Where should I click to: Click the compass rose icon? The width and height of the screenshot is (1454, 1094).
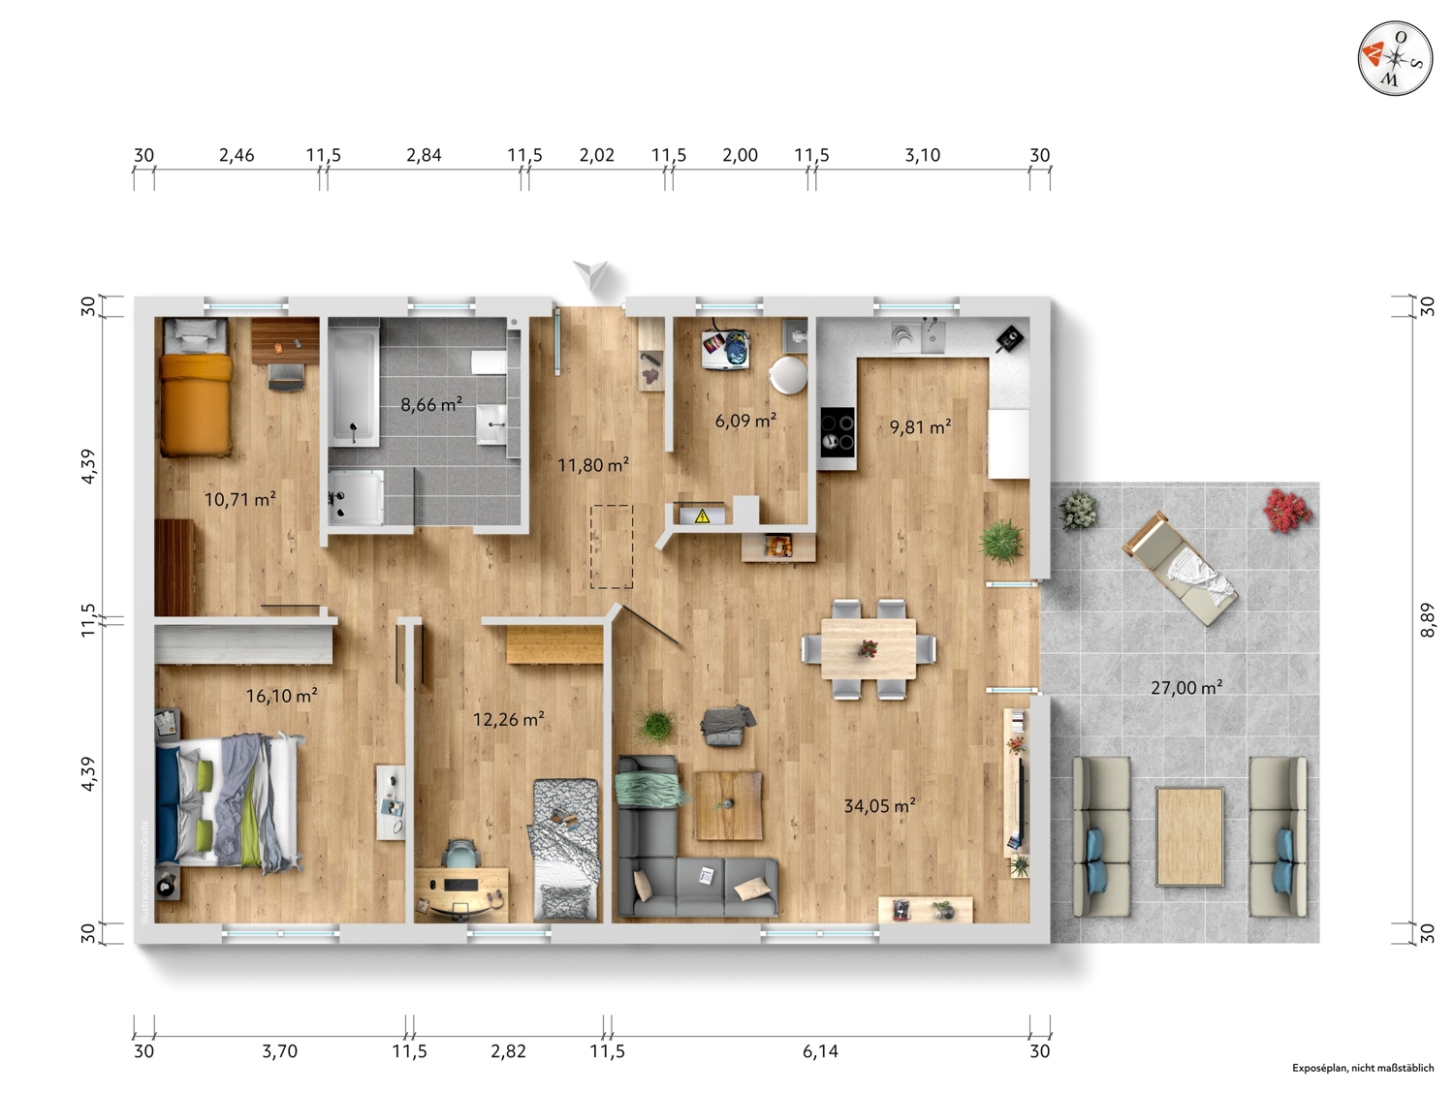(1395, 57)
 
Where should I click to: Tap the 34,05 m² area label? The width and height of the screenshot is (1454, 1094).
(879, 805)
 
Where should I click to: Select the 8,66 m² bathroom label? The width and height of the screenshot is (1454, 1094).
(431, 403)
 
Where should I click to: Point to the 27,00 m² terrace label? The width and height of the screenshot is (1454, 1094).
(1186, 687)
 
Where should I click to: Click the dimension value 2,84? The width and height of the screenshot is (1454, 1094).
(424, 155)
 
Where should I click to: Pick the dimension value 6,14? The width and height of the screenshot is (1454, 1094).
(820, 1051)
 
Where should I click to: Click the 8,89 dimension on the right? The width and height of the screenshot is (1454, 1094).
(1428, 620)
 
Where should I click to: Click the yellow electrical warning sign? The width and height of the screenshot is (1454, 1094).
(702, 516)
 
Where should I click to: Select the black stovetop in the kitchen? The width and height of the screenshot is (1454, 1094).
(838, 432)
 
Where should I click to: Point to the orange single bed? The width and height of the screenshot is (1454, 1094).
(196, 387)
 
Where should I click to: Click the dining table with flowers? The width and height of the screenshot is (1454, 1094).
(869, 649)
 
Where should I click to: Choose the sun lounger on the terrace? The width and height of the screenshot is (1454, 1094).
(1180, 568)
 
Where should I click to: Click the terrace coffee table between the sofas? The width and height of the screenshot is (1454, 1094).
(1189, 836)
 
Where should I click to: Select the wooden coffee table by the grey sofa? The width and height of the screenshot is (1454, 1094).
(728, 805)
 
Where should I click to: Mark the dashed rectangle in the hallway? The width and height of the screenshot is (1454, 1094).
(612, 547)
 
